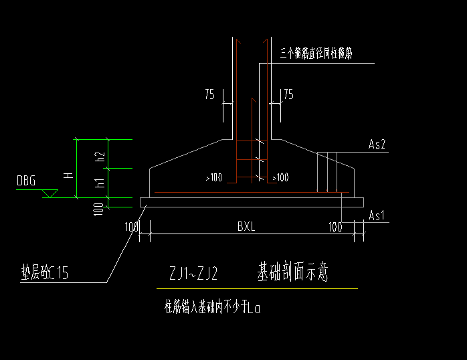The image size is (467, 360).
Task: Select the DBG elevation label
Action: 27,181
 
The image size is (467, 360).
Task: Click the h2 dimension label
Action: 100,158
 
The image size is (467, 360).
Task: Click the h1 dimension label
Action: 100,183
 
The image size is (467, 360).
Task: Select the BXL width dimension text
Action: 246,227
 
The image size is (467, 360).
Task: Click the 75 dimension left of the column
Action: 211,95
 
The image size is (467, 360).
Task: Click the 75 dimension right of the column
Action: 288,95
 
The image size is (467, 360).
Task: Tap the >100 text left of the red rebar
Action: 214,177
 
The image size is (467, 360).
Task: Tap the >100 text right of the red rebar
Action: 280,177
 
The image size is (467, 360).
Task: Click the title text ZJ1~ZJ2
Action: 193,274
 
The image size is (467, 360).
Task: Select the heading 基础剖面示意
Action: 293,272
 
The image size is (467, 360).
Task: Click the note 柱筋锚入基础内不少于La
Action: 212,308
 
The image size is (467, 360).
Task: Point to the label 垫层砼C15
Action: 45,272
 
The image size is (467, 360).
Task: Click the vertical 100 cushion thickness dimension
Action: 99,209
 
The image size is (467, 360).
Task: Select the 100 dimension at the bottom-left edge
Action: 131,228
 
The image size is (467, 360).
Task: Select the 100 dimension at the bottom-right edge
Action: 335,228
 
